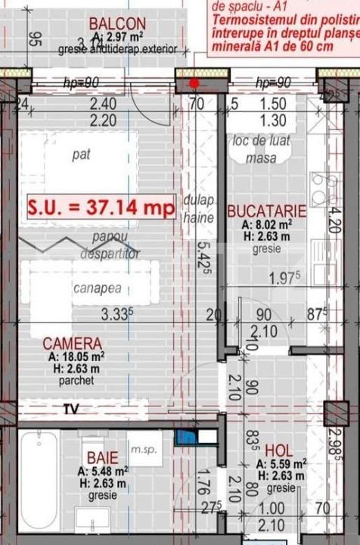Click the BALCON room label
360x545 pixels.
(x=117, y=23)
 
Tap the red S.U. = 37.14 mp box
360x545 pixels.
(x=101, y=206)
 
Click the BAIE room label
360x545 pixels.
(x=101, y=457)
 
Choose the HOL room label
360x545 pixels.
(x=279, y=449)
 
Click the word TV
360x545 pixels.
(x=70, y=409)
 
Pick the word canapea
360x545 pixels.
(x=98, y=288)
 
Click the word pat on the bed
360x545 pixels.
(x=82, y=155)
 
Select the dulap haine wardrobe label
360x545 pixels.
(x=197, y=210)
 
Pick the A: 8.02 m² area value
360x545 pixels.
(x=267, y=225)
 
